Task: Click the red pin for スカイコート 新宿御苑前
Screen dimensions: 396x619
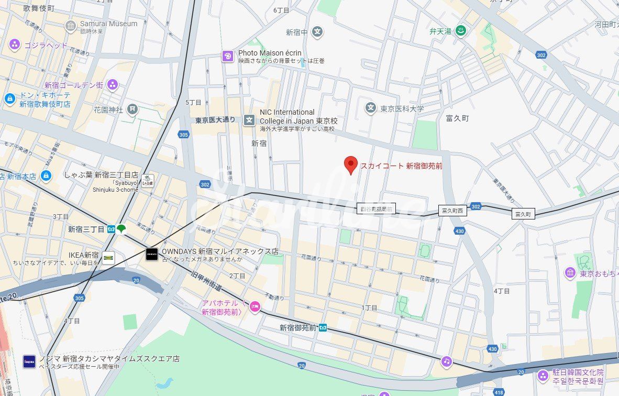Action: click(x=351, y=164)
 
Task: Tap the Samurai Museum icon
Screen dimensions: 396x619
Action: click(x=71, y=26)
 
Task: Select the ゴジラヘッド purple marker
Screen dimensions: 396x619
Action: click(x=15, y=45)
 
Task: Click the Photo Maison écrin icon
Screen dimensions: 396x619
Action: click(x=228, y=56)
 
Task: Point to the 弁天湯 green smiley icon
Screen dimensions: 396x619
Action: click(x=460, y=31)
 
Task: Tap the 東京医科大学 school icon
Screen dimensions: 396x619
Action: click(x=371, y=108)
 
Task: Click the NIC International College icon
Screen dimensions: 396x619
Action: click(x=249, y=120)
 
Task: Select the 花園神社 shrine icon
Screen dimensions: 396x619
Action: click(x=133, y=109)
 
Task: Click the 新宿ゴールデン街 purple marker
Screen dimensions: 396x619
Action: click(x=113, y=85)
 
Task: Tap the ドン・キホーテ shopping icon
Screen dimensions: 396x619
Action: click(x=9, y=98)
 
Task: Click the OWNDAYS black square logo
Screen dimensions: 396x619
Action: click(x=152, y=255)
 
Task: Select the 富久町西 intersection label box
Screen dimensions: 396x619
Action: click(x=452, y=211)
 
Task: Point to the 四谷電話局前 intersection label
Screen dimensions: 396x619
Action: click(x=376, y=208)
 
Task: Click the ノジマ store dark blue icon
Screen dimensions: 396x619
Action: click(x=29, y=361)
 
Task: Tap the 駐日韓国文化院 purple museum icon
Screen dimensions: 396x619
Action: click(x=543, y=375)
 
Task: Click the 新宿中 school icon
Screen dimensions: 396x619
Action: click(x=317, y=32)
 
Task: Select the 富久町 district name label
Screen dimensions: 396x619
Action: click(x=458, y=118)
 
